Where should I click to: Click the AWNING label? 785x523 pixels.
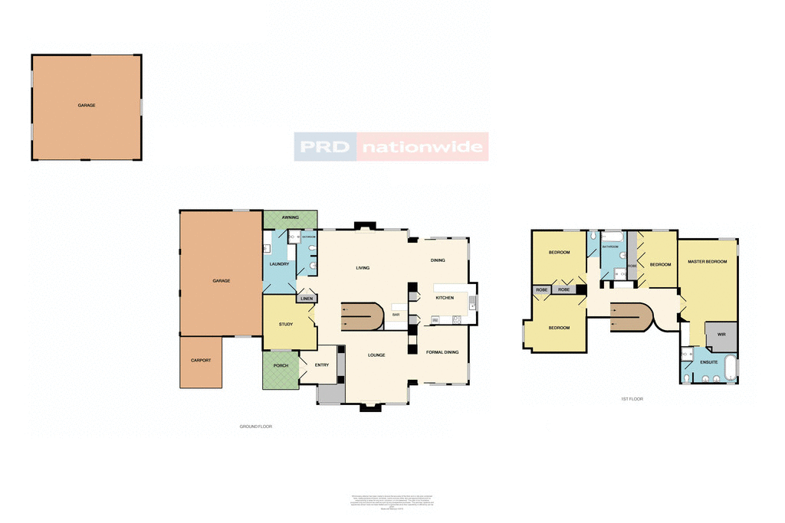[x=290, y=217]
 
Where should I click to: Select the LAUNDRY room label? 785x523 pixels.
[x=278, y=264]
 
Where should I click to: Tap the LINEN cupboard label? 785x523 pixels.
[x=306, y=299]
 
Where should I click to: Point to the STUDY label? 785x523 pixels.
[x=286, y=325]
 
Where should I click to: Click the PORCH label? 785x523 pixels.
[x=281, y=365]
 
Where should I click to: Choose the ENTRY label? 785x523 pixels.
[x=321, y=364]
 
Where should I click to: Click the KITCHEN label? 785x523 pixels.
[x=445, y=297]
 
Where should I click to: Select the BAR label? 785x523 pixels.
[x=396, y=315]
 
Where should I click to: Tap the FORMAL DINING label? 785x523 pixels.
[x=442, y=352]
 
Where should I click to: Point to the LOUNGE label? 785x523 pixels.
[x=376, y=355]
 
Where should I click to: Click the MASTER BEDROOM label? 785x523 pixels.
[x=707, y=262]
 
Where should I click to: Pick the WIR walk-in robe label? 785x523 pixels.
[x=720, y=335]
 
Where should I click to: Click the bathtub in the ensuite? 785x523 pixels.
[x=730, y=368]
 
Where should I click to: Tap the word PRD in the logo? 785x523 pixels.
[x=325, y=146]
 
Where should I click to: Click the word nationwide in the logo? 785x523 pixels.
[x=422, y=146]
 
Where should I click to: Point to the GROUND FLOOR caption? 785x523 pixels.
[x=255, y=426]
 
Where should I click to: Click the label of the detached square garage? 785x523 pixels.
[x=86, y=105]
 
